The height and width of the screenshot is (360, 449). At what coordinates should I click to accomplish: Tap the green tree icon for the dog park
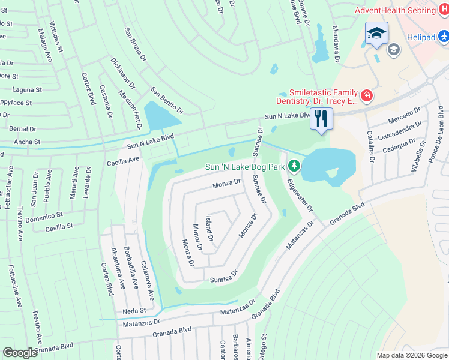294,165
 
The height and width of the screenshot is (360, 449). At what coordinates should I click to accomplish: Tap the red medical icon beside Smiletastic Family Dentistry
366,96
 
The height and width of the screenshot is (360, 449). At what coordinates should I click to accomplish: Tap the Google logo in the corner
20,352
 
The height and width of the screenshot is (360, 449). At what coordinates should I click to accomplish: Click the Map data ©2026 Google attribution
411,355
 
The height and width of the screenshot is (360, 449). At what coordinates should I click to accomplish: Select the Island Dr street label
209,229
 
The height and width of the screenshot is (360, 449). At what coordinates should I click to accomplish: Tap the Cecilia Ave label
123,160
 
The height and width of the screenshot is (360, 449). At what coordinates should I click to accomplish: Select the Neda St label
134,310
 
